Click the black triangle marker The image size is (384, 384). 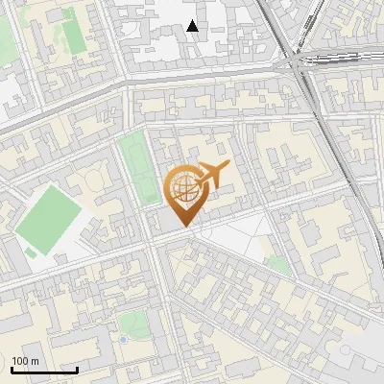tap(193, 26)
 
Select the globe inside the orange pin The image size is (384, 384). tap(183, 188)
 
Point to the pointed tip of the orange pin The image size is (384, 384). tap(183, 226)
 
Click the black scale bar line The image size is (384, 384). tap(44, 370)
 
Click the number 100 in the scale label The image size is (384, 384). tap(20, 361)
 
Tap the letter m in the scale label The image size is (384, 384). tap(36, 361)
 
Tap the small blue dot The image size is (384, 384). tap(123, 339)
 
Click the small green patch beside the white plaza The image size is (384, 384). tap(277, 265)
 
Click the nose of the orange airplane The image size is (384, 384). tap(229, 167)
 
